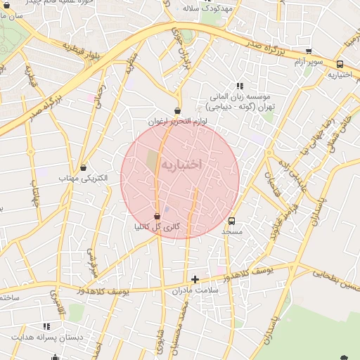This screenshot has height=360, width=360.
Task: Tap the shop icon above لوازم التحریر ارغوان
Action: tap(176, 110)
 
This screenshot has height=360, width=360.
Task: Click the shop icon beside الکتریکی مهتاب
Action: tap(84, 168)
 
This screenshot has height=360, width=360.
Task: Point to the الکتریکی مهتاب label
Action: tap(83, 179)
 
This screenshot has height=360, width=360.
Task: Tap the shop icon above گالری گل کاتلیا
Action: tap(157, 216)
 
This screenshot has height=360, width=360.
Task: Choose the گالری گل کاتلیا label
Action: tap(157, 227)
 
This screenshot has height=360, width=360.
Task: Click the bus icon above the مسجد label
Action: tap(232, 219)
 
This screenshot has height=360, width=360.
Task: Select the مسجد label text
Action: tap(232, 231)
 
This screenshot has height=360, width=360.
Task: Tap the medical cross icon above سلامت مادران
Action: tap(195, 279)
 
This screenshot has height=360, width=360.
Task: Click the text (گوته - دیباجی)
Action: tap(237, 108)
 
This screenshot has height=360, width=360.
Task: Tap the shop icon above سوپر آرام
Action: tap(308, 51)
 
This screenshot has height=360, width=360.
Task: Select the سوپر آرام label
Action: tap(309, 62)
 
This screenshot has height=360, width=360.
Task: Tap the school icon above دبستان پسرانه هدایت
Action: tap(46, 326)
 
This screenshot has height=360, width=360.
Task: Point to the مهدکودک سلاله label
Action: tap(208, 8)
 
